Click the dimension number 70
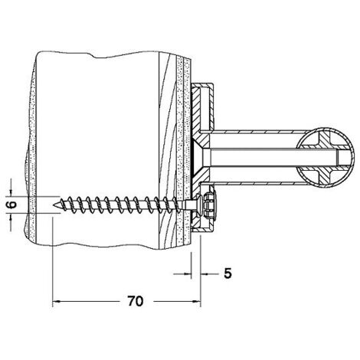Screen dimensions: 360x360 (136, 301)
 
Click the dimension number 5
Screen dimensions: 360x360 (227, 273)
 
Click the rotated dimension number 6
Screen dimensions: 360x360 (11, 205)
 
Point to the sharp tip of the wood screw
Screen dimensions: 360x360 (54, 205)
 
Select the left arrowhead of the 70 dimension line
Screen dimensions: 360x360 (56, 302)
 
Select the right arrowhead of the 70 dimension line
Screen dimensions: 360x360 (196, 302)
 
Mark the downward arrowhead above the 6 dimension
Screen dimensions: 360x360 (11, 193)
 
